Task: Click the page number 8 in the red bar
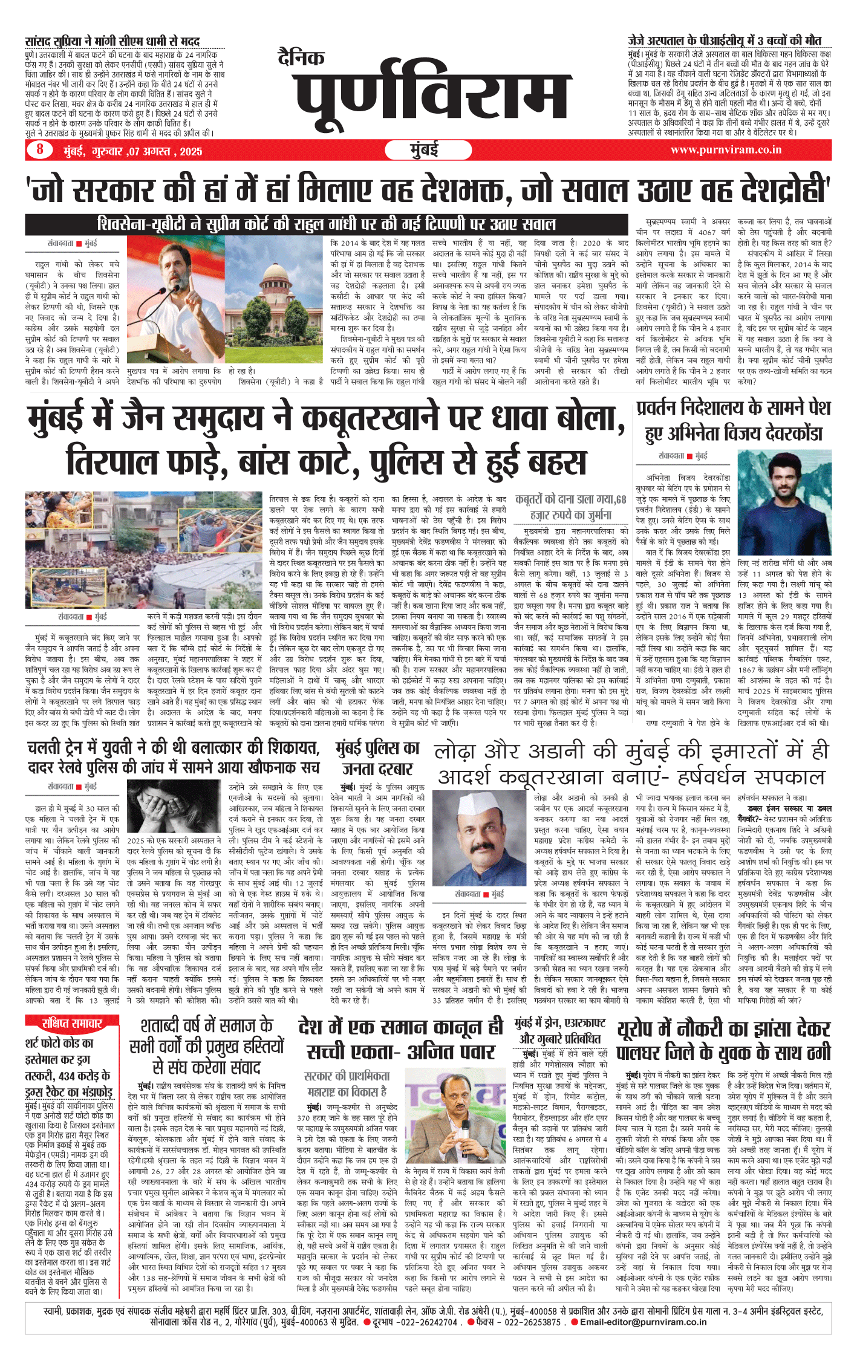(x=40, y=149)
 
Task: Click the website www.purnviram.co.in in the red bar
(x=726, y=149)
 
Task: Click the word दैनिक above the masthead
(x=301, y=57)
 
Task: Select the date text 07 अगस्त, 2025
(x=164, y=151)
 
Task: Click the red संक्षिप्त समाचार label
(x=72, y=1023)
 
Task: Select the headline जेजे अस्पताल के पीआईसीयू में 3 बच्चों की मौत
(x=724, y=41)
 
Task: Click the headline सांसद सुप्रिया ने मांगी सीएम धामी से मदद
(x=112, y=41)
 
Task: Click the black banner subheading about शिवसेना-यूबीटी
(x=327, y=224)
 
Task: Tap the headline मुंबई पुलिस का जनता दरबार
(x=377, y=758)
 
